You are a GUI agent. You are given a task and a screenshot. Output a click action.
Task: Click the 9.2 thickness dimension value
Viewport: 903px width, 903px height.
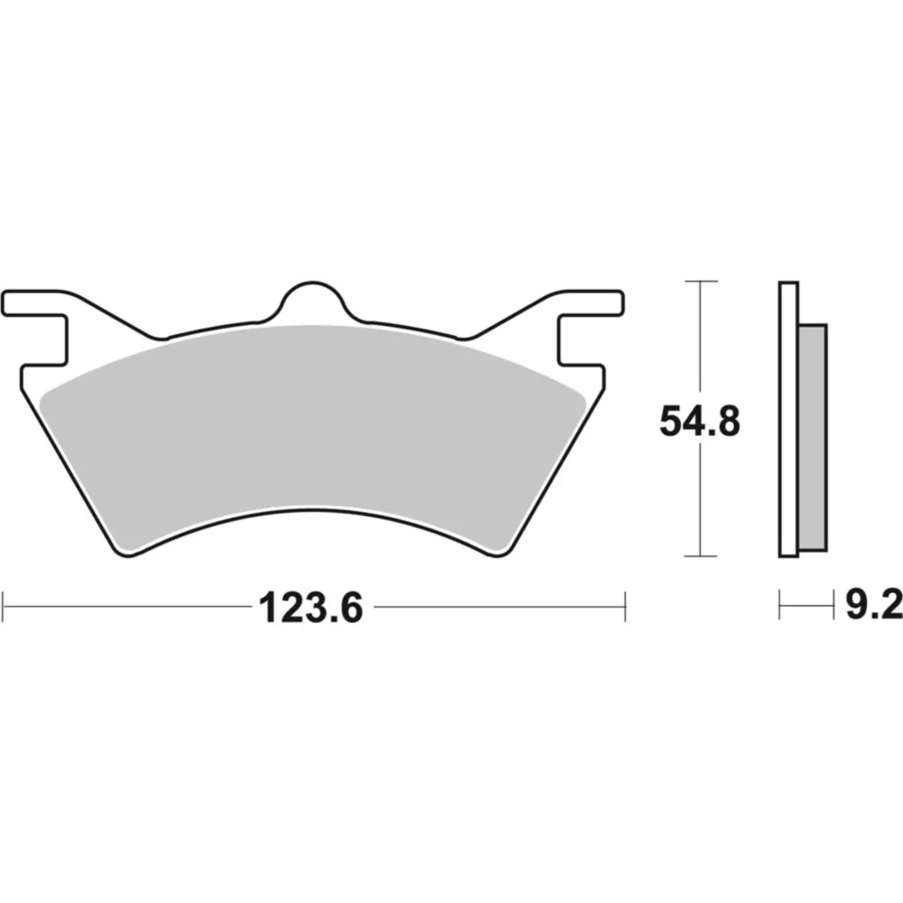[873, 604]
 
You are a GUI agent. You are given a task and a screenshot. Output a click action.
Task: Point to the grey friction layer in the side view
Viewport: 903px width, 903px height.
[813, 438]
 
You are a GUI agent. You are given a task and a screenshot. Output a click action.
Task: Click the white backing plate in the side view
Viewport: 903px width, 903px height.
[788, 419]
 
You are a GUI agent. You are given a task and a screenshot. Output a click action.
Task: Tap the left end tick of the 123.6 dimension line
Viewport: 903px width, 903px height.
[4, 606]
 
